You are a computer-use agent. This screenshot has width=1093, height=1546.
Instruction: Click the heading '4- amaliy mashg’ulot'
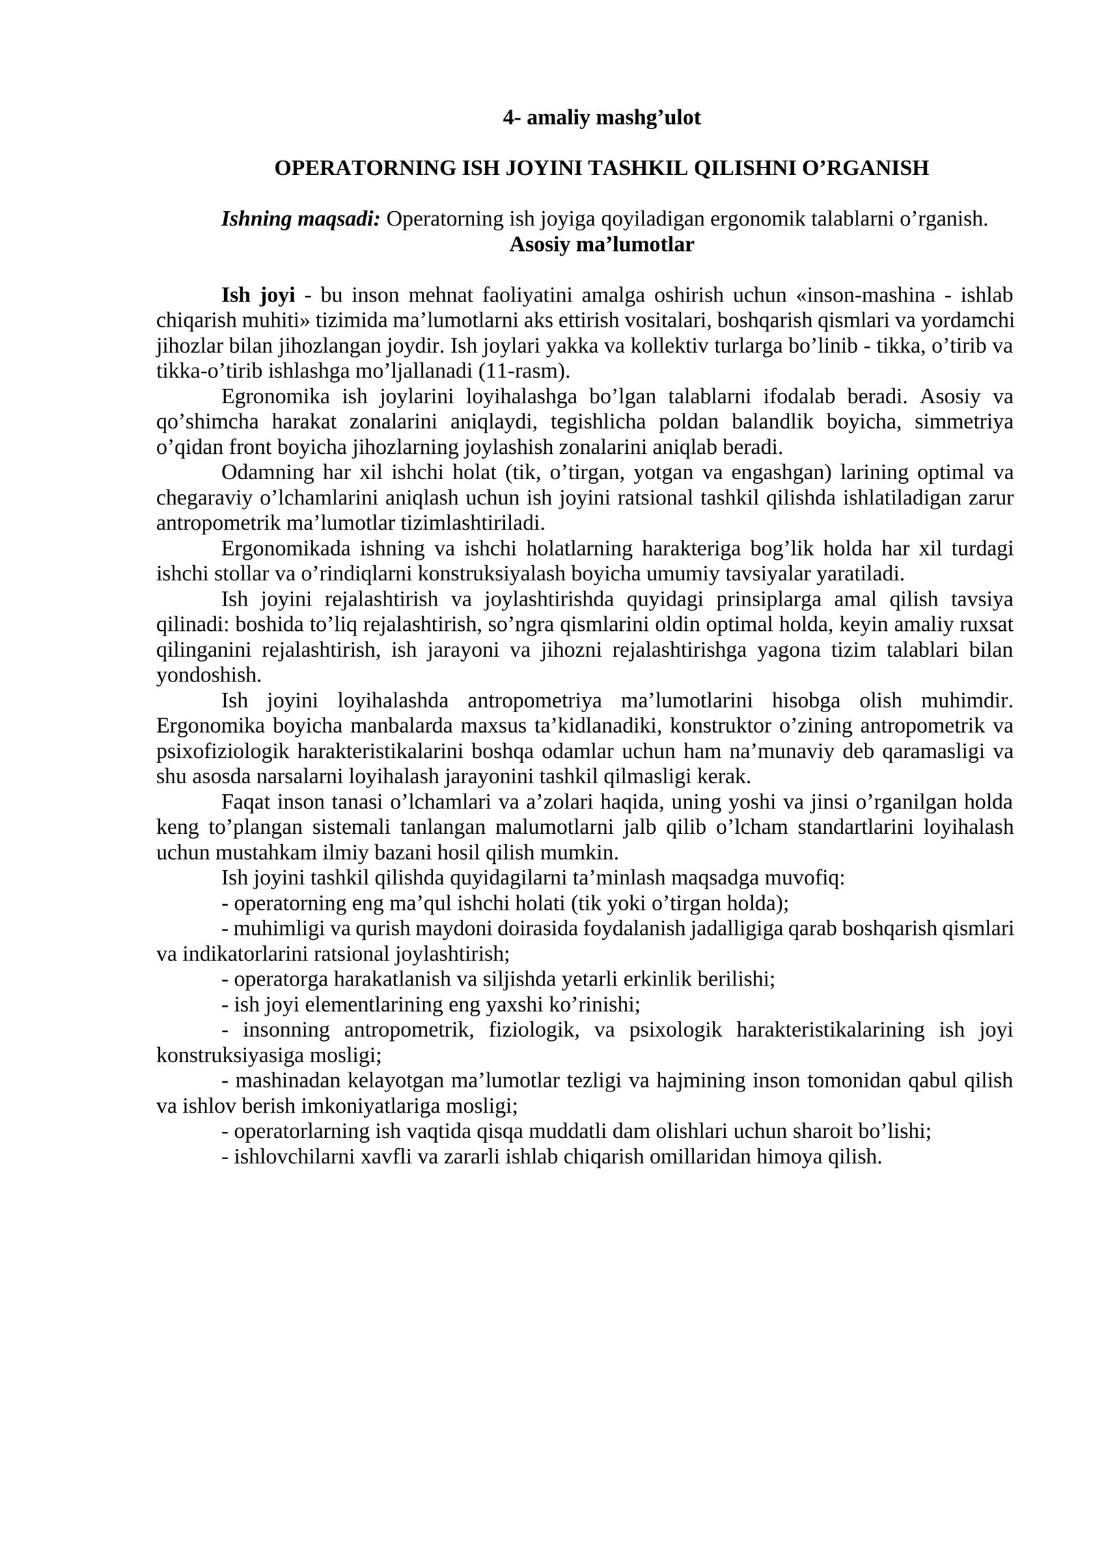tap(601, 118)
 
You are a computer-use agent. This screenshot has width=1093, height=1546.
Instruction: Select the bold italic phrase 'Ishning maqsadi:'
tap(301, 219)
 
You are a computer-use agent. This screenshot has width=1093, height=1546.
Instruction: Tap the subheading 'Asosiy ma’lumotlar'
tap(601, 245)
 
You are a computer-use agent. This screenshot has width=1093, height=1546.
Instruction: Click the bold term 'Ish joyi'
tap(258, 295)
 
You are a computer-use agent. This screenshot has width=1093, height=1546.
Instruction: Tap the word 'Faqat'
tap(243, 802)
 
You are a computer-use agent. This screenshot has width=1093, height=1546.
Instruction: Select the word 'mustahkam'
tap(262, 852)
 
